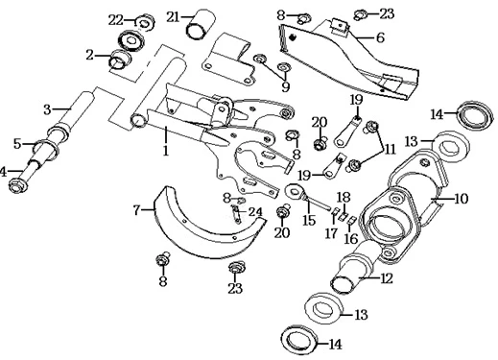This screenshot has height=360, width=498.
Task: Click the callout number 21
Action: tap(173, 16)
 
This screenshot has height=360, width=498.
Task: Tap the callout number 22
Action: tap(116, 21)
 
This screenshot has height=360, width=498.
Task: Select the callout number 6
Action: tap(380, 37)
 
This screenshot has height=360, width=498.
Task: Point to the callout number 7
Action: tap(136, 210)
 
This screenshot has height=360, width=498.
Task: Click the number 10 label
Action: tap(461, 199)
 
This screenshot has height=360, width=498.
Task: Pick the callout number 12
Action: tap(387, 278)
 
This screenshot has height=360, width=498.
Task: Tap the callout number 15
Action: tap(309, 221)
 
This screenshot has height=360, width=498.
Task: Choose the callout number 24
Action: tap(255, 212)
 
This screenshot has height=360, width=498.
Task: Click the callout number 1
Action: tap(165, 151)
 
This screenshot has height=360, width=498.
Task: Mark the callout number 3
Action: tap(47, 109)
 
